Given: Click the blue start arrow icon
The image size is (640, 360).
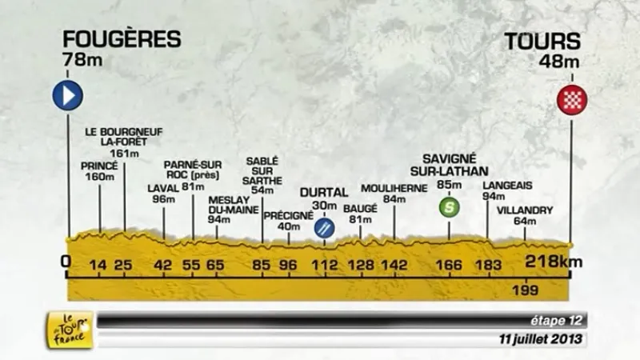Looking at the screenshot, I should (x=68, y=97).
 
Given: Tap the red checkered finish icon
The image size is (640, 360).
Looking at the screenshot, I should (x=573, y=99).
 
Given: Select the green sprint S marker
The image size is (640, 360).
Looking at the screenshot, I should (x=450, y=208).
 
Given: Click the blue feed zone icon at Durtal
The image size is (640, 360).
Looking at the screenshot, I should (x=325, y=228).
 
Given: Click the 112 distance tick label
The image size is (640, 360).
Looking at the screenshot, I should (x=325, y=265).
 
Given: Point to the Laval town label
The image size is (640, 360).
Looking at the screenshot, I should (x=162, y=189).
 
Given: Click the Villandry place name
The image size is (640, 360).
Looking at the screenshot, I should (x=525, y=210).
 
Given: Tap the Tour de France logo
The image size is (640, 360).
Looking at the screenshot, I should (x=70, y=330).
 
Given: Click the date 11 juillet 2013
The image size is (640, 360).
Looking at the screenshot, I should (x=542, y=340).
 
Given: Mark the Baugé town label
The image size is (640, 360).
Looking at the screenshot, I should (x=360, y=208).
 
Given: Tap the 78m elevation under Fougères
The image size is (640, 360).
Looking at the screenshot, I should (x=79, y=60).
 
